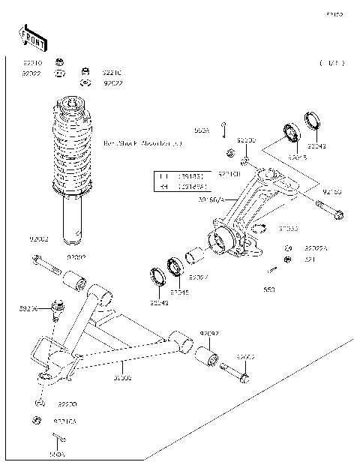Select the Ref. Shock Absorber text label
[x=142, y=142]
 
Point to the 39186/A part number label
[x=211, y=199]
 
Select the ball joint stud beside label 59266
[x=57, y=308]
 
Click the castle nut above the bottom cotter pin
[x=35, y=418]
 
